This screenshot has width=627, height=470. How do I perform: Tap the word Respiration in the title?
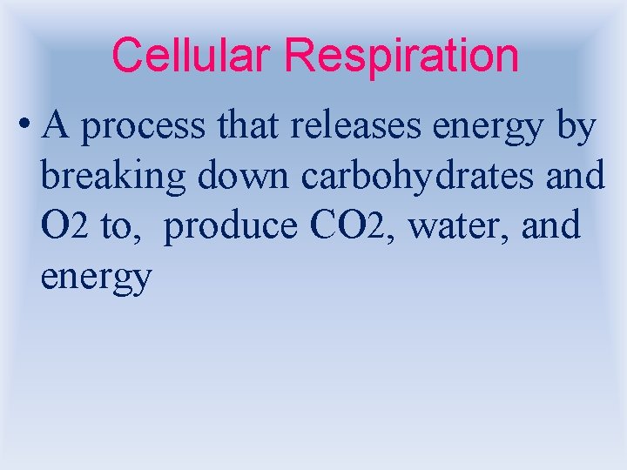(401, 57)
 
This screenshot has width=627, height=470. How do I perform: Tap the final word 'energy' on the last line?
(97, 279)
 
